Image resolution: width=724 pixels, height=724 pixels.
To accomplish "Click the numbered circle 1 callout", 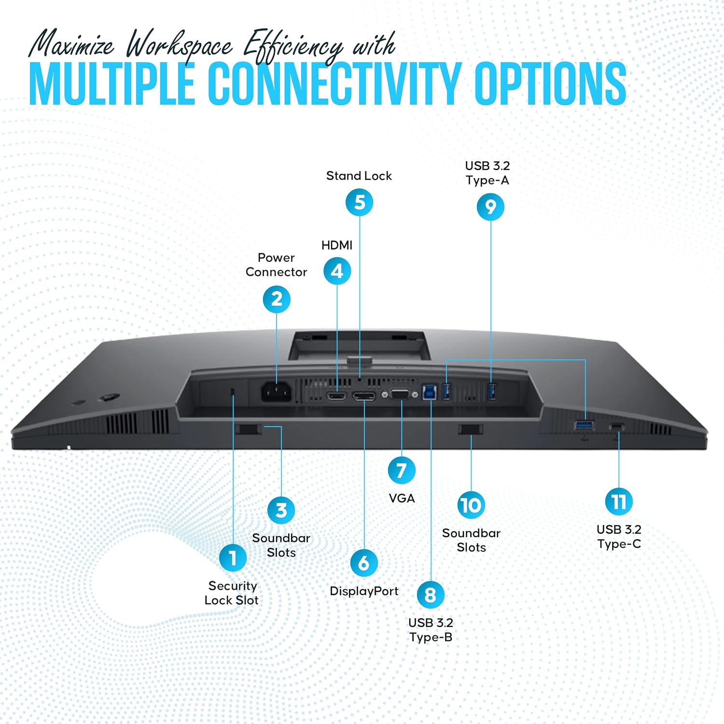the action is [233, 557].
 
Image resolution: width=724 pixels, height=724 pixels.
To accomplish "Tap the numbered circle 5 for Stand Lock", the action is [360, 202].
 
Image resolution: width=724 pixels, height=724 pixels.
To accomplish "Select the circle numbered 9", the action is [490, 207].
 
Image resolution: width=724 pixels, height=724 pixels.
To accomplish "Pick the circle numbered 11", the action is [619, 501].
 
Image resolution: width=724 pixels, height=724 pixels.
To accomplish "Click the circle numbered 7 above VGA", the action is [402, 470].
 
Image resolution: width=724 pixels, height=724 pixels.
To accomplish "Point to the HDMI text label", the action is [337, 245].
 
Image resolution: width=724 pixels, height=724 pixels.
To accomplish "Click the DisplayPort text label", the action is [364, 591].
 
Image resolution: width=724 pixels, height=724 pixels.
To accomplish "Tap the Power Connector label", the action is [276, 265].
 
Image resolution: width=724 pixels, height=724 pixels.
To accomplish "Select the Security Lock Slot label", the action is [232, 593].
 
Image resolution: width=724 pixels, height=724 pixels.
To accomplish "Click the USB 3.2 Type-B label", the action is [431, 630].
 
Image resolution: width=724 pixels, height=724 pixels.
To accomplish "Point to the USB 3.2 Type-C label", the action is [619, 537].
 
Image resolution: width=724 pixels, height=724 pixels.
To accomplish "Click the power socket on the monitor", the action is [277, 392].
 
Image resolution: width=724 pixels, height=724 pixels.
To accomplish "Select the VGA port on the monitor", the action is [400, 394].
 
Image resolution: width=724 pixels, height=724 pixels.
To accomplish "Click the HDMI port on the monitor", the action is [336, 396].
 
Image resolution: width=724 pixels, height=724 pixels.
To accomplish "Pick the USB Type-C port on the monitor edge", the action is [616, 427].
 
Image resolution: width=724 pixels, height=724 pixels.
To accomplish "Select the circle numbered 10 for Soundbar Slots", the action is [471, 505].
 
